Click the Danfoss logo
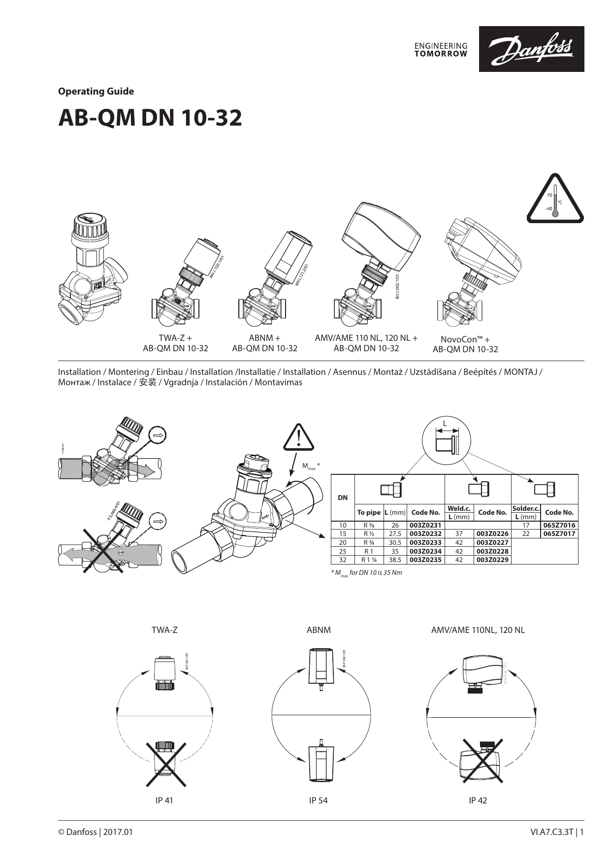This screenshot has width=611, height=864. [531, 49]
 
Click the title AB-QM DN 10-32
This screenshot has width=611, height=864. [150, 118]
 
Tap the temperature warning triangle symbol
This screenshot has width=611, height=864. [555, 199]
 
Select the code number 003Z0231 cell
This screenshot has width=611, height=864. [425, 525]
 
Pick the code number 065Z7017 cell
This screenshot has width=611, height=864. [559, 533]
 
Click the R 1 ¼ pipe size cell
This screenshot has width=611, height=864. [369, 560]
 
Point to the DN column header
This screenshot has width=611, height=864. [343, 498]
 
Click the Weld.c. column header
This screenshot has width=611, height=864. [459, 508]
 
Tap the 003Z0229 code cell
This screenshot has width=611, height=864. [492, 560]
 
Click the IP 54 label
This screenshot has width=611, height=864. [318, 800]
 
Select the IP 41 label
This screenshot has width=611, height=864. [164, 800]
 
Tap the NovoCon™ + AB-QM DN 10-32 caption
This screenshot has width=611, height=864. [465, 344]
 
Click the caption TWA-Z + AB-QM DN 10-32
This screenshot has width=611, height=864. [175, 343]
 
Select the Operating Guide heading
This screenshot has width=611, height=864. [96, 91]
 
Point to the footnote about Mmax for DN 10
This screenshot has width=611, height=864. [366, 572]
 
